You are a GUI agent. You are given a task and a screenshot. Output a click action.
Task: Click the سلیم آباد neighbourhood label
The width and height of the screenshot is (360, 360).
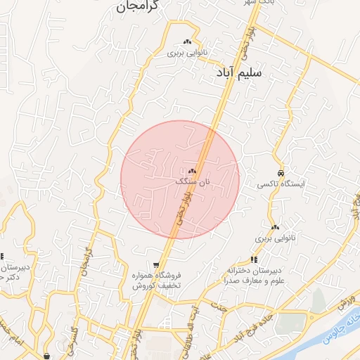click(250, 72)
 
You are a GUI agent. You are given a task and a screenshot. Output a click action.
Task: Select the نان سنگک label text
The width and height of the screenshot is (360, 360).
click(193, 181)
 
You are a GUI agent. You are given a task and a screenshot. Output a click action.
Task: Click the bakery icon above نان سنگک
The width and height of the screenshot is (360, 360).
click(193, 171)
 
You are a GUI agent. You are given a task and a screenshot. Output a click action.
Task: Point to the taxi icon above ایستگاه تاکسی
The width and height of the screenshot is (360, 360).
click(281, 173)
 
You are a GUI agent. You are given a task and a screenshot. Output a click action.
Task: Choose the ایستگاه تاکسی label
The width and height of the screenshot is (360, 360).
click(281, 184)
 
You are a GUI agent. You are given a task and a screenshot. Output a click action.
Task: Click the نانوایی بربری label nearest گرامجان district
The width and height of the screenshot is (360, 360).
click(186, 53)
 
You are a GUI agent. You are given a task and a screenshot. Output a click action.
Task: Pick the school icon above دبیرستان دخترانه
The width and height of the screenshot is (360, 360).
click(254, 260)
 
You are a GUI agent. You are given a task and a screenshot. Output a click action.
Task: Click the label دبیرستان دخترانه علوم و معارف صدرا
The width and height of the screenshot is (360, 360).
click(254, 275)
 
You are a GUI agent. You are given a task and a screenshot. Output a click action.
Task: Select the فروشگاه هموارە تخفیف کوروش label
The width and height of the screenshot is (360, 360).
click(157, 281)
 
